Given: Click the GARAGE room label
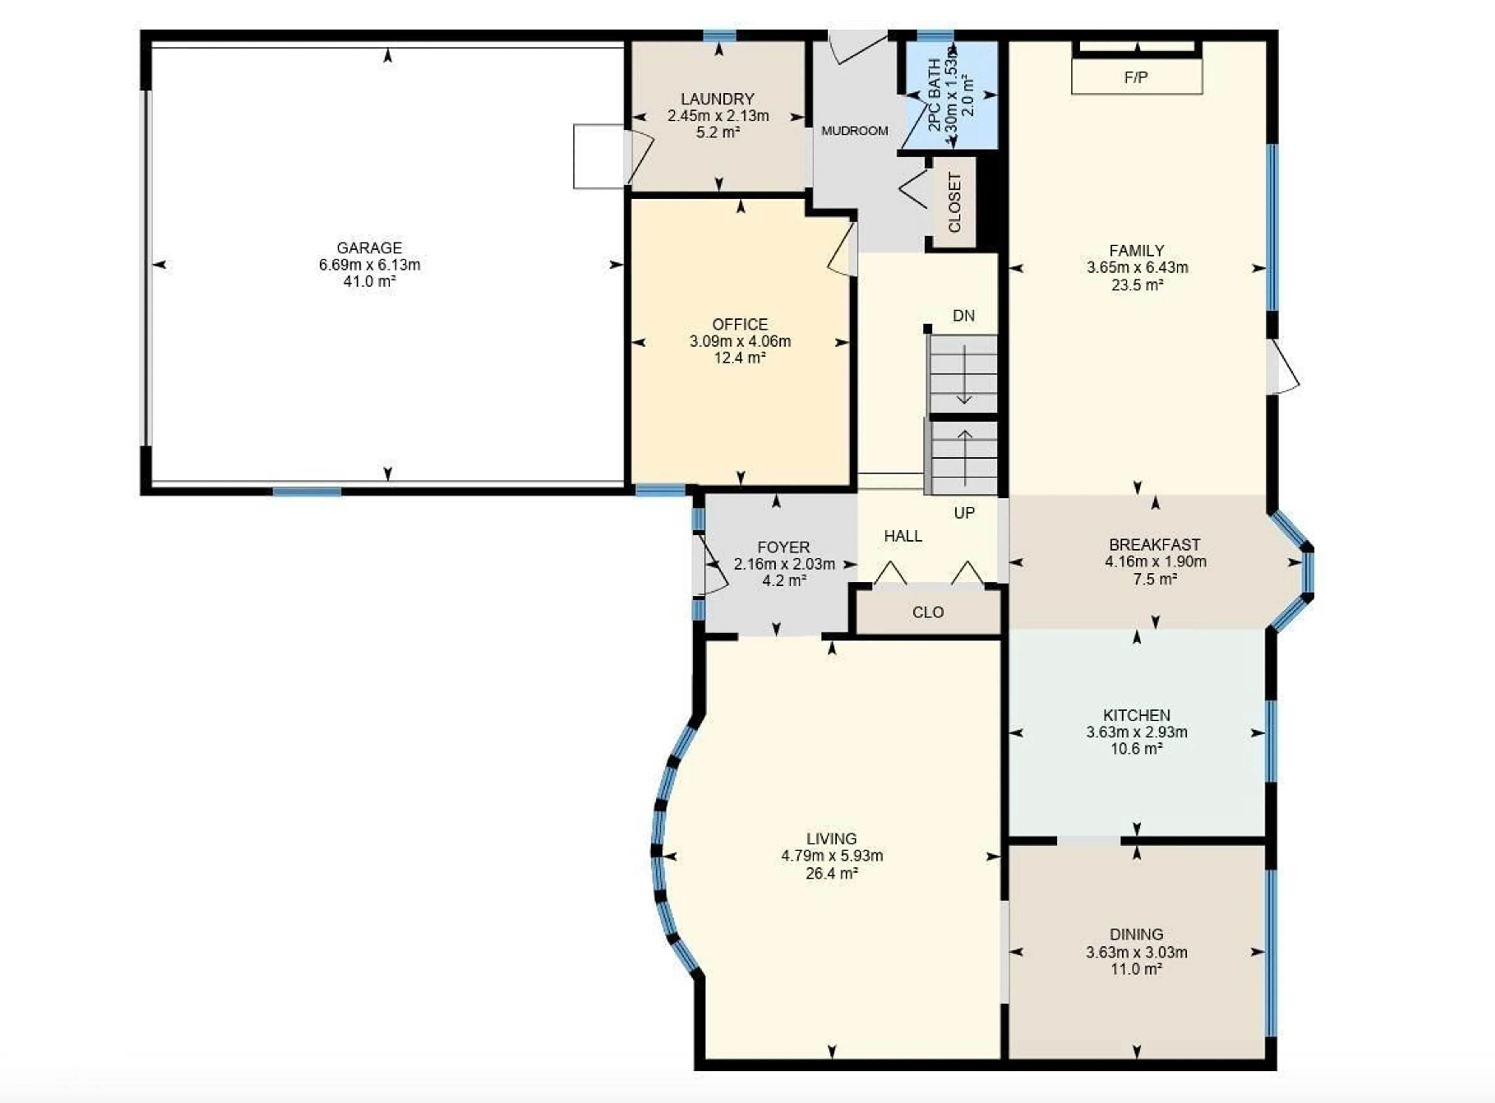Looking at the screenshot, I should pyautogui.click(x=369, y=248).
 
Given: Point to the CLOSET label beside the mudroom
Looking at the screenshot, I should pyautogui.click(x=954, y=202).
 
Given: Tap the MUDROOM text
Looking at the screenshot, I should pyautogui.click(x=854, y=131).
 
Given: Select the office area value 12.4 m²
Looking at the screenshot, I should pyautogui.click(x=739, y=358).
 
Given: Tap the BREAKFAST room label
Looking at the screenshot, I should pyautogui.click(x=1154, y=544).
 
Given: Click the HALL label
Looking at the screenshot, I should pyautogui.click(x=903, y=535).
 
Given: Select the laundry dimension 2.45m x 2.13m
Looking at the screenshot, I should pyautogui.click(x=718, y=116).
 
